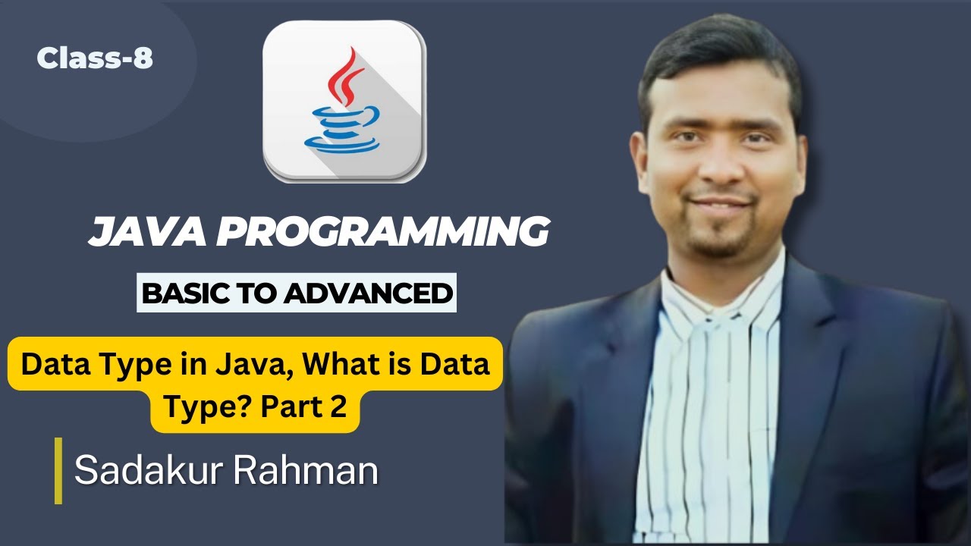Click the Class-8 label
[x=95, y=58]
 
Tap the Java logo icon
[x=344, y=101]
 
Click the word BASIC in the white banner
[x=181, y=293]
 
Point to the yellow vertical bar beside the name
[x=58, y=471]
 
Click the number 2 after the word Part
[x=338, y=407]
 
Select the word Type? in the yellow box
[x=209, y=407]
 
